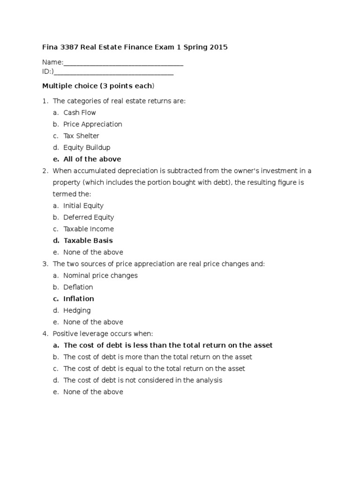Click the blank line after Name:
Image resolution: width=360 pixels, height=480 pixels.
tap(123, 63)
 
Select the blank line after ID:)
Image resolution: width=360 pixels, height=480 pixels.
tap(113, 72)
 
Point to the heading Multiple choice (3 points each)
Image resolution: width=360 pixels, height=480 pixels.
tap(98, 86)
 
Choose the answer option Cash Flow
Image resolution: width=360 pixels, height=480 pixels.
tap(80, 112)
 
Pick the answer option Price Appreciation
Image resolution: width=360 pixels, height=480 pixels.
tap(93, 124)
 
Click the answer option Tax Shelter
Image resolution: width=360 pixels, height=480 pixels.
tap(82, 136)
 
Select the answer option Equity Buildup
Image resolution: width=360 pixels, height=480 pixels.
tap(87, 148)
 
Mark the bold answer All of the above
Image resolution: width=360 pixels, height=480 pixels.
tap(92, 159)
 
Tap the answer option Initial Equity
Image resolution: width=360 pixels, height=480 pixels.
tap(83, 206)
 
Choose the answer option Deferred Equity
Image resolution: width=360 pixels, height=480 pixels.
tap(89, 217)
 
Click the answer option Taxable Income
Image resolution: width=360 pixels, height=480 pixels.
tap(89, 229)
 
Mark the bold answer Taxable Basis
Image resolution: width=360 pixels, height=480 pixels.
tap(88, 240)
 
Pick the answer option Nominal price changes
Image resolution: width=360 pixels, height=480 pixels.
tap(100, 276)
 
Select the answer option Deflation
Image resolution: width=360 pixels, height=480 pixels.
tap(78, 287)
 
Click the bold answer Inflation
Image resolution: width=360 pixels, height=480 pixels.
tap(79, 299)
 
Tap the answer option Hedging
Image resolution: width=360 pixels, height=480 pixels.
tap(77, 310)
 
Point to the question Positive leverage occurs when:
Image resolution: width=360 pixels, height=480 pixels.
tap(103, 334)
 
